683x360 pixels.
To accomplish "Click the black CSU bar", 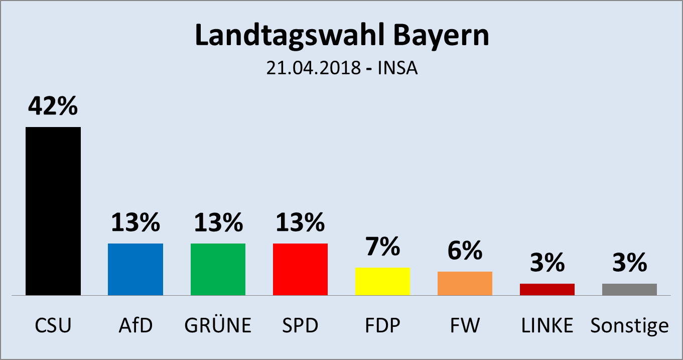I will [x=53, y=211].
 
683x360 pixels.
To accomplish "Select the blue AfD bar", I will [x=135, y=269].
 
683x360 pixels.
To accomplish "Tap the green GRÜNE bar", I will [x=218, y=269].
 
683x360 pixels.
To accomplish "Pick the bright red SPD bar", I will [x=300, y=269].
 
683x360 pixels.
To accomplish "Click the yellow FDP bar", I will [x=382, y=281].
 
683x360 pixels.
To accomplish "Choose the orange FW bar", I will [x=465, y=283].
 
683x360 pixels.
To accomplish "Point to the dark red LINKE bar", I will [x=547, y=289].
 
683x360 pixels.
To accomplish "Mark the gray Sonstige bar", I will [x=629, y=289].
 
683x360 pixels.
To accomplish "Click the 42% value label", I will [x=53, y=106].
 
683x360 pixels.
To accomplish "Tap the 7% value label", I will [x=382, y=247].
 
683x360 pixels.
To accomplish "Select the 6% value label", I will [x=465, y=251].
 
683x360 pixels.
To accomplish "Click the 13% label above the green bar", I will [x=218, y=222].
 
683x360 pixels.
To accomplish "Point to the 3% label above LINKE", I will [x=547, y=263].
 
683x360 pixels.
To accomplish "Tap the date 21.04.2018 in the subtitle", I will [x=313, y=68].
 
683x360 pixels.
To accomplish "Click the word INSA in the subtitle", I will [x=398, y=68].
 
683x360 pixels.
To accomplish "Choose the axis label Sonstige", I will [x=629, y=326].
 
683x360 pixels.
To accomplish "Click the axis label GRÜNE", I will [x=218, y=326].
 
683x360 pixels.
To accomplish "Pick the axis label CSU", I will [x=53, y=326].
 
